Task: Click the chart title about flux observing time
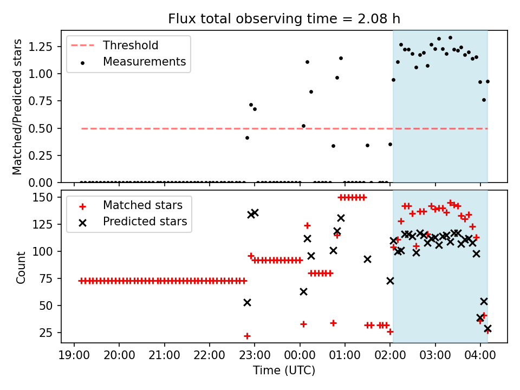pyautogui.click(x=284, y=18)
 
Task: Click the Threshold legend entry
pyautogui.click(x=115, y=45)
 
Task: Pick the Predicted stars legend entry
pyautogui.click(x=133, y=222)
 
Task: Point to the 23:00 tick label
pyautogui.click(x=255, y=355)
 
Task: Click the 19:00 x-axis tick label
pyautogui.click(x=74, y=355)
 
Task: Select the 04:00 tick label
pyautogui.click(x=480, y=355)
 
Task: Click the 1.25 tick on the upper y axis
pyautogui.click(x=40, y=47)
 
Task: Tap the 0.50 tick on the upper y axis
pyautogui.click(x=40, y=128)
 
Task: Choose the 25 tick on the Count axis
pyautogui.click(x=46, y=333)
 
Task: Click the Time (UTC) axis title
pyautogui.click(x=284, y=370)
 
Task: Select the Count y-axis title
pyautogui.click(x=21, y=268)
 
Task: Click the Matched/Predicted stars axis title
pyautogui.click(x=17, y=107)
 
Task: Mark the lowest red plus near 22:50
pyautogui.click(x=247, y=336)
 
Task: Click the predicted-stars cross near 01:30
pyautogui.click(x=367, y=259)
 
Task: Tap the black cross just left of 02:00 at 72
pyautogui.click(x=391, y=281)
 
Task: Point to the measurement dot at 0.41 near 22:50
pyautogui.click(x=247, y=138)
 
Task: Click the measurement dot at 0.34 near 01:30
pyautogui.click(x=367, y=146)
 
